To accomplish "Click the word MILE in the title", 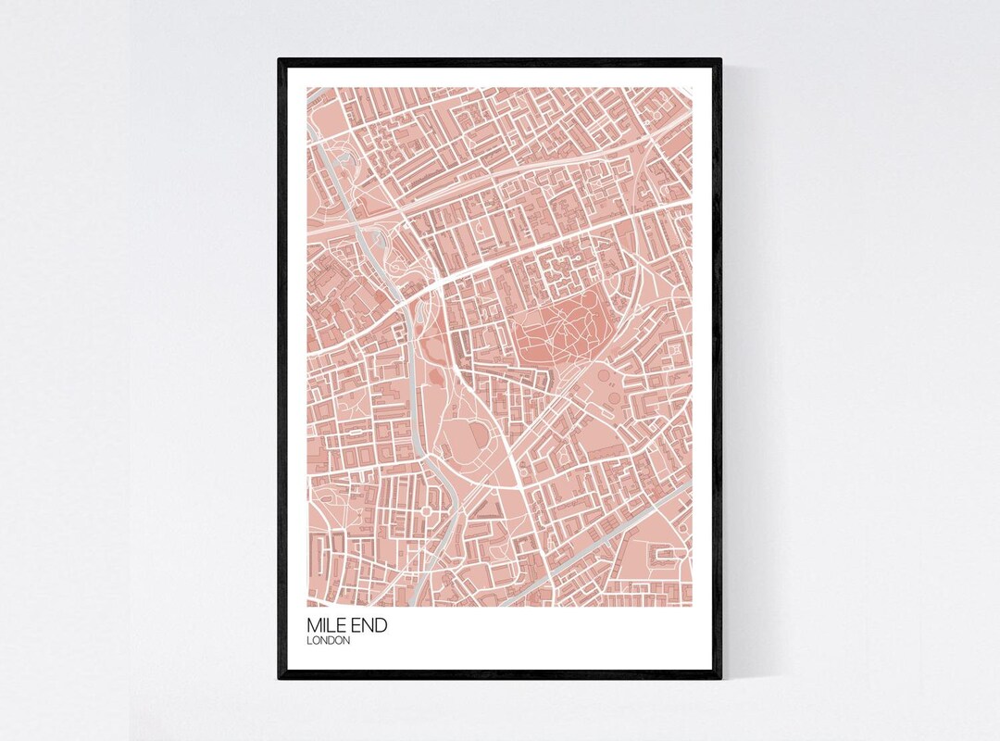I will click(327, 626).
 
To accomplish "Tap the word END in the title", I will click(369, 626).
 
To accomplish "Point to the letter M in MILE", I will click(314, 626).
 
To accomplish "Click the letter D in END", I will click(381, 626).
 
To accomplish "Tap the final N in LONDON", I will click(345, 640).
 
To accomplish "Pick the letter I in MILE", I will click(325, 626).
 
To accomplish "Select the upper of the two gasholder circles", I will click(605, 376).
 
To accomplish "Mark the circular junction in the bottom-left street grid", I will click(428, 510).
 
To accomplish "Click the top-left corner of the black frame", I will click(280, 60).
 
